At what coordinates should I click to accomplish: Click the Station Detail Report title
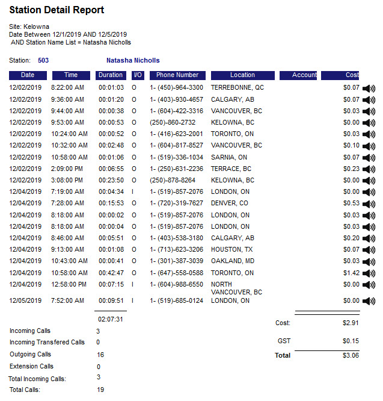[57, 10]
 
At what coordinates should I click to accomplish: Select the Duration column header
[111, 75]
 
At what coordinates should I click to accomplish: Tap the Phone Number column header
[177, 75]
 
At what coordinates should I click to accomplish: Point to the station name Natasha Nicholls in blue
[133, 61]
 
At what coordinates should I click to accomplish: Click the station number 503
[43, 61]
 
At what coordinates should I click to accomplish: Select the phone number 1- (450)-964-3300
[177, 88]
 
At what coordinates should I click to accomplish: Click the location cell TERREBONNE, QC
[237, 88]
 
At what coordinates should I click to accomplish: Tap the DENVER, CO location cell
[230, 204]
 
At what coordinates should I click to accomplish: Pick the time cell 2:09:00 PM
[67, 169]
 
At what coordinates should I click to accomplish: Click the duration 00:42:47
[111, 273]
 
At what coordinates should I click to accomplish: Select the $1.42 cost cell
[351, 273]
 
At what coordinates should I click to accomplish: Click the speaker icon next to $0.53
[369, 204]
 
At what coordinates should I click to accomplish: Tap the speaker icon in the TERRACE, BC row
[369, 169]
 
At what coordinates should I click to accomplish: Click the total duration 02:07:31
[111, 319]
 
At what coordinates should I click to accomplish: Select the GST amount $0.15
[351, 341]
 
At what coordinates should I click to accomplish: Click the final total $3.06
[351, 355]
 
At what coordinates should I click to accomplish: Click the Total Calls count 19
[100, 390]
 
